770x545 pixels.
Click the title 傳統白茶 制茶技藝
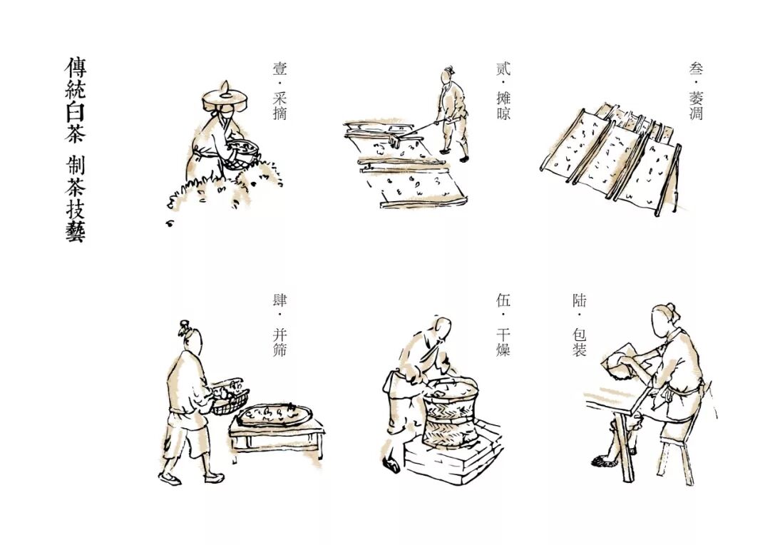tap(75, 149)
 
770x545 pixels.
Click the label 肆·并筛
tap(279, 325)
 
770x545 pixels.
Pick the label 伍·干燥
tap(503, 325)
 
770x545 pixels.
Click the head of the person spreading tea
tap(448, 73)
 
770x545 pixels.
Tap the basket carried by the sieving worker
tap(230, 397)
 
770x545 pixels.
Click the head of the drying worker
tap(443, 329)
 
